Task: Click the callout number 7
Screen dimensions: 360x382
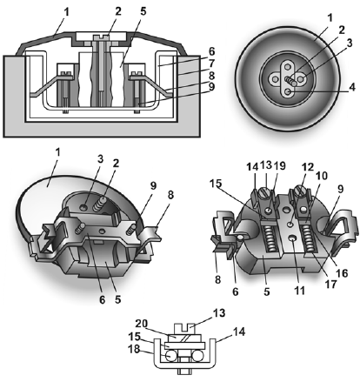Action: pos(211,63)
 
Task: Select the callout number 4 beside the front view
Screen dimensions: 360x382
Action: pos(352,87)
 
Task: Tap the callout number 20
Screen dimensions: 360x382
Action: pos(142,324)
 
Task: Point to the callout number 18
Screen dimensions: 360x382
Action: pos(134,349)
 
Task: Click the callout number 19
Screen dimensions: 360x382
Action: pos(279,165)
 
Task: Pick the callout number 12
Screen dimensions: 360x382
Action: pos(307,167)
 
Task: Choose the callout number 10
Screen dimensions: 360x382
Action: pos(322,176)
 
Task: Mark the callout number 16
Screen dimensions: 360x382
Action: pos(341,272)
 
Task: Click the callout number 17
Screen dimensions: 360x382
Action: pos(330,284)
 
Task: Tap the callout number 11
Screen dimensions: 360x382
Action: pos(299,290)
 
